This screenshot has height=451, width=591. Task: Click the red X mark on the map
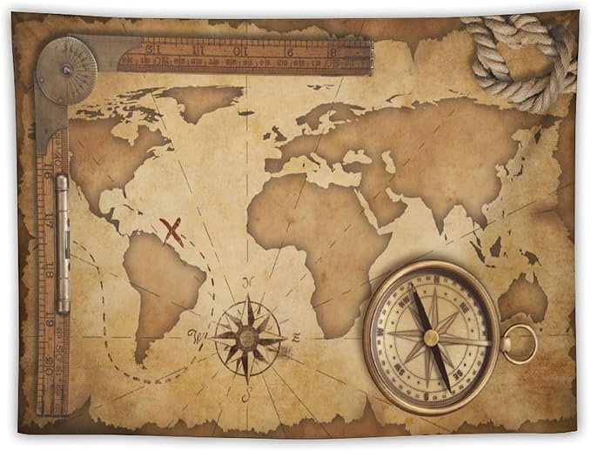pos(171,231)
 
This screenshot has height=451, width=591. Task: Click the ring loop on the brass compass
pos(520,343)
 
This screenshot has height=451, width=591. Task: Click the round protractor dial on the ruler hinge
pos(66,71)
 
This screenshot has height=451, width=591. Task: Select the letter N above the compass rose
pos(248,282)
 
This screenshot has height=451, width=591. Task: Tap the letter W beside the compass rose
pos(195,334)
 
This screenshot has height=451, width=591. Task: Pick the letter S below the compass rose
pos(247,396)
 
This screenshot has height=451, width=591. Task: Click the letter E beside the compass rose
pos(296,337)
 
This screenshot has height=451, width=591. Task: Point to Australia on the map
pos(522,297)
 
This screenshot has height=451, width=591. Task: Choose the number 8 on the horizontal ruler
pos(332,51)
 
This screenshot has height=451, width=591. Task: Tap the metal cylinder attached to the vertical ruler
pos(62,244)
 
